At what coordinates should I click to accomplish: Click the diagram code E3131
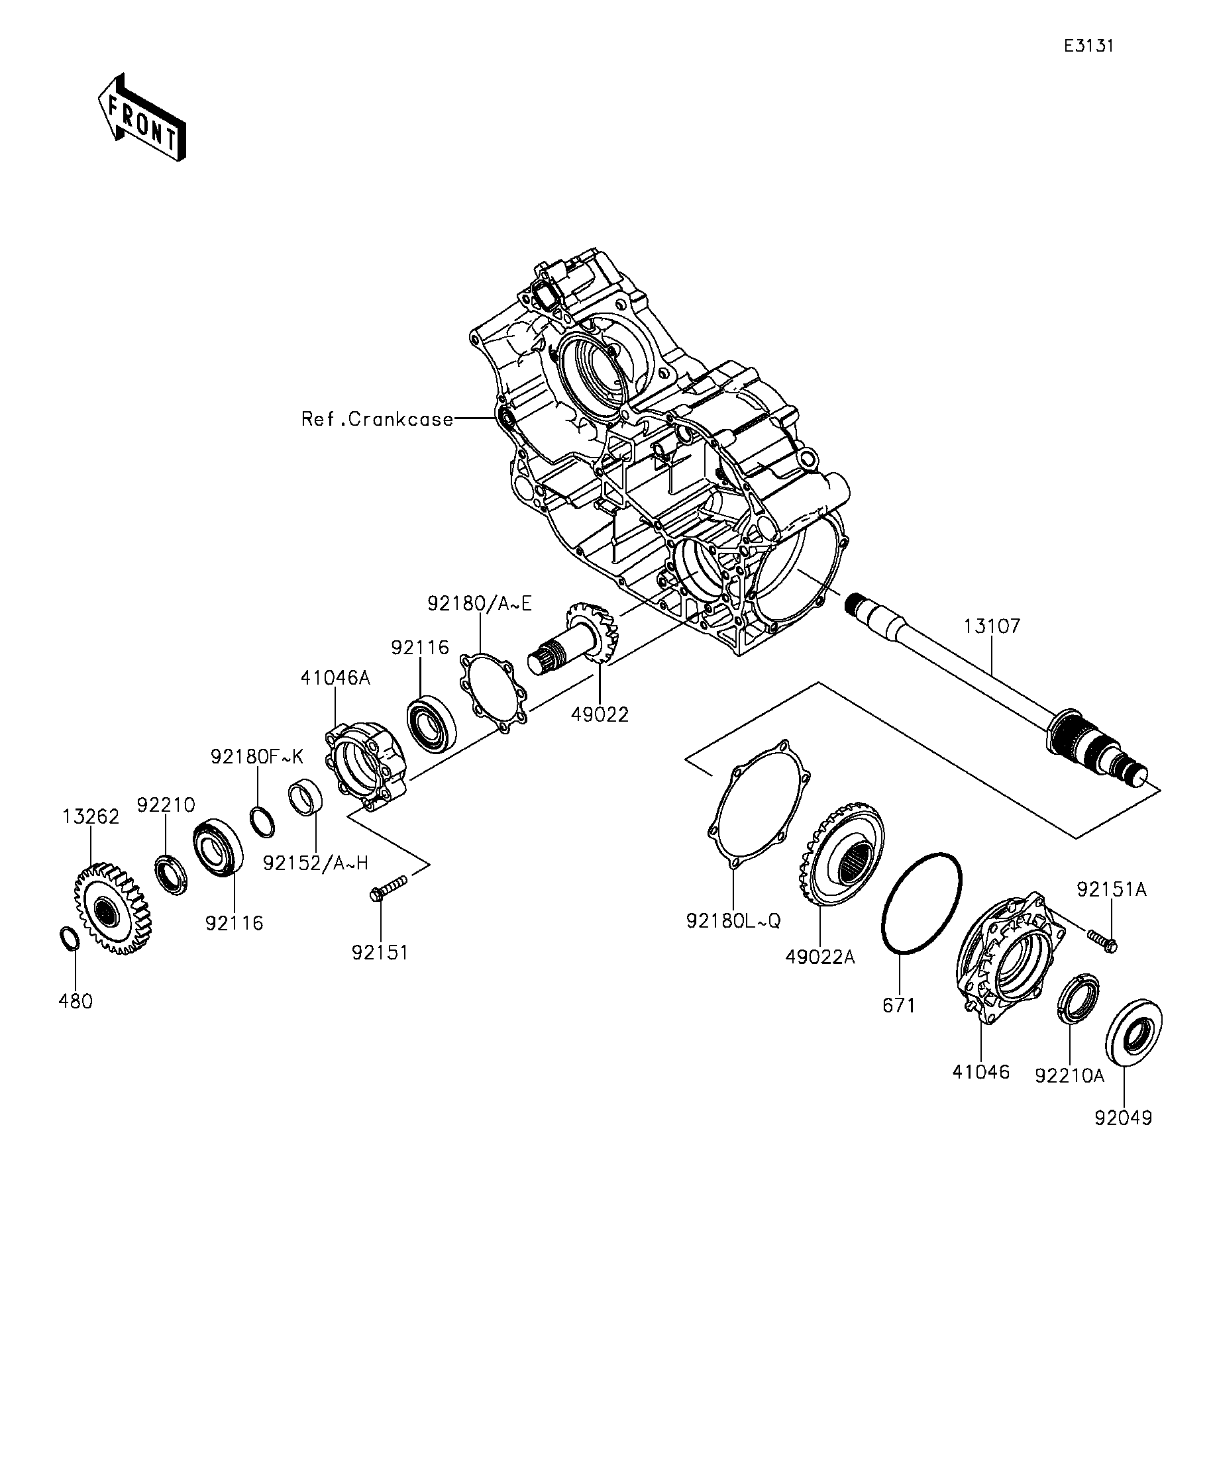pyautogui.click(x=1088, y=46)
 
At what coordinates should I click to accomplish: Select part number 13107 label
pyautogui.click(x=992, y=626)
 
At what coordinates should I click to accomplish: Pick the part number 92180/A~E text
pyautogui.click(x=479, y=603)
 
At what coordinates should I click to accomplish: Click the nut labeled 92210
pyautogui.click(x=170, y=875)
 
